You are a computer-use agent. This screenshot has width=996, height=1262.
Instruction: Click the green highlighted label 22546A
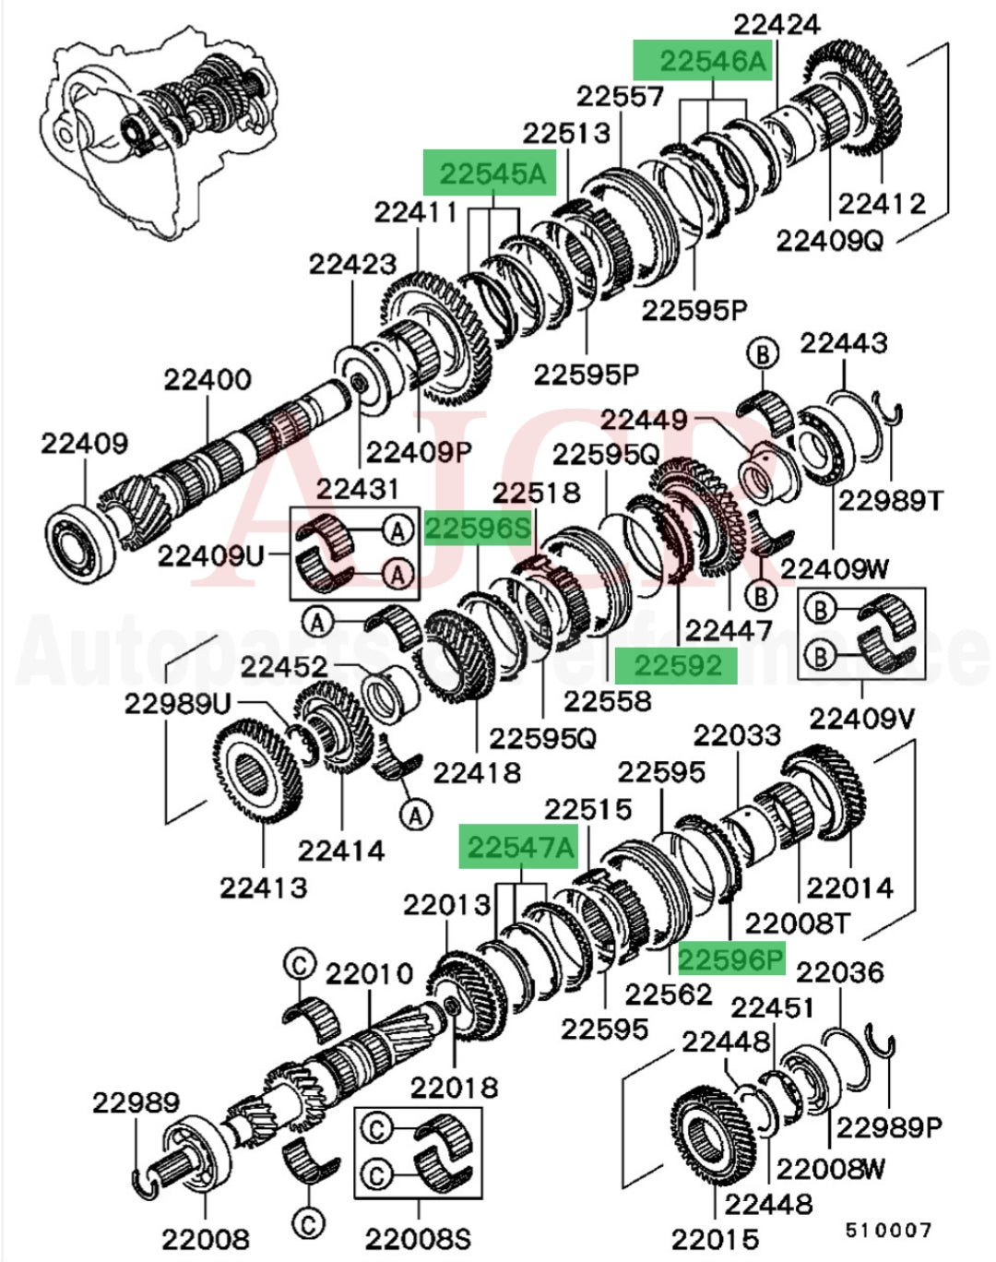pos(702,62)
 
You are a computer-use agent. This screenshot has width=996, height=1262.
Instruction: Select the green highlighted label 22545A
pos(490,173)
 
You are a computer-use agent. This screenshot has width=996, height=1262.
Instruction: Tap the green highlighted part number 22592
pos(677,665)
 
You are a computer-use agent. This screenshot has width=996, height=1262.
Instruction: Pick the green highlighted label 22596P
pos(731,960)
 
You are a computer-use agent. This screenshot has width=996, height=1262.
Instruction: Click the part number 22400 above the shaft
pos(207,379)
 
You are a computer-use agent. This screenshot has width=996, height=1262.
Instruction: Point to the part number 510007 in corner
pos(889,1230)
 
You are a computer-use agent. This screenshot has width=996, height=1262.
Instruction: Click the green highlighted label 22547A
pos(519,847)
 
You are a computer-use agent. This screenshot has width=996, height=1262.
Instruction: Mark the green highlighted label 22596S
pos(478,529)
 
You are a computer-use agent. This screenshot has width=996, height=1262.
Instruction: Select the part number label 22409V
pos(861,718)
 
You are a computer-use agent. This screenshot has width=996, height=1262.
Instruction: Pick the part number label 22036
pos(839,972)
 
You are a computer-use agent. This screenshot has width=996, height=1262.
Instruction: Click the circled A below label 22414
pos(416,815)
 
